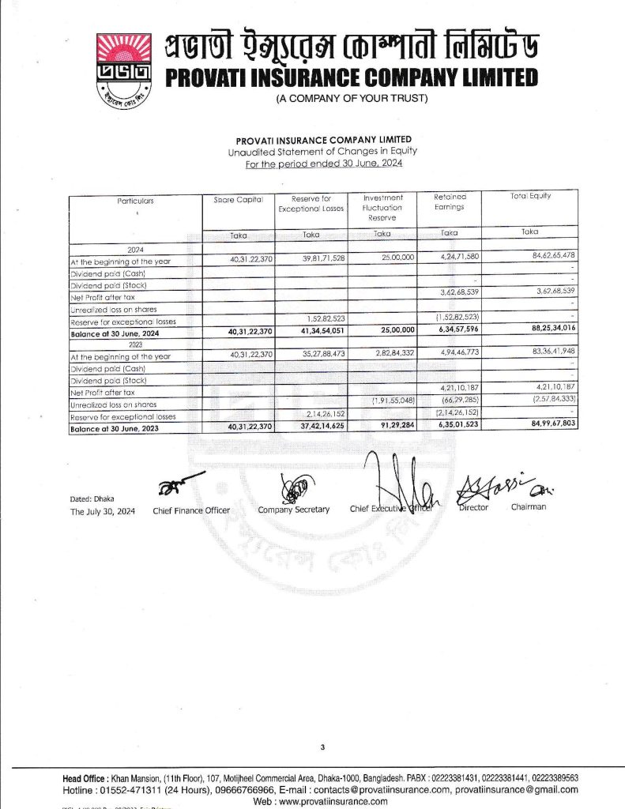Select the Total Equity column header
pos(530,196)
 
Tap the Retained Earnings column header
pos(450,202)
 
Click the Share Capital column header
pos(238,201)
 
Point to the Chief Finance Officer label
pos(191,510)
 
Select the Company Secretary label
pos(293,510)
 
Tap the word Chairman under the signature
pos(529,507)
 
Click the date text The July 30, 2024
pos(103,511)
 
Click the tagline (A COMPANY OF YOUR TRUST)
pos(351,98)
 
